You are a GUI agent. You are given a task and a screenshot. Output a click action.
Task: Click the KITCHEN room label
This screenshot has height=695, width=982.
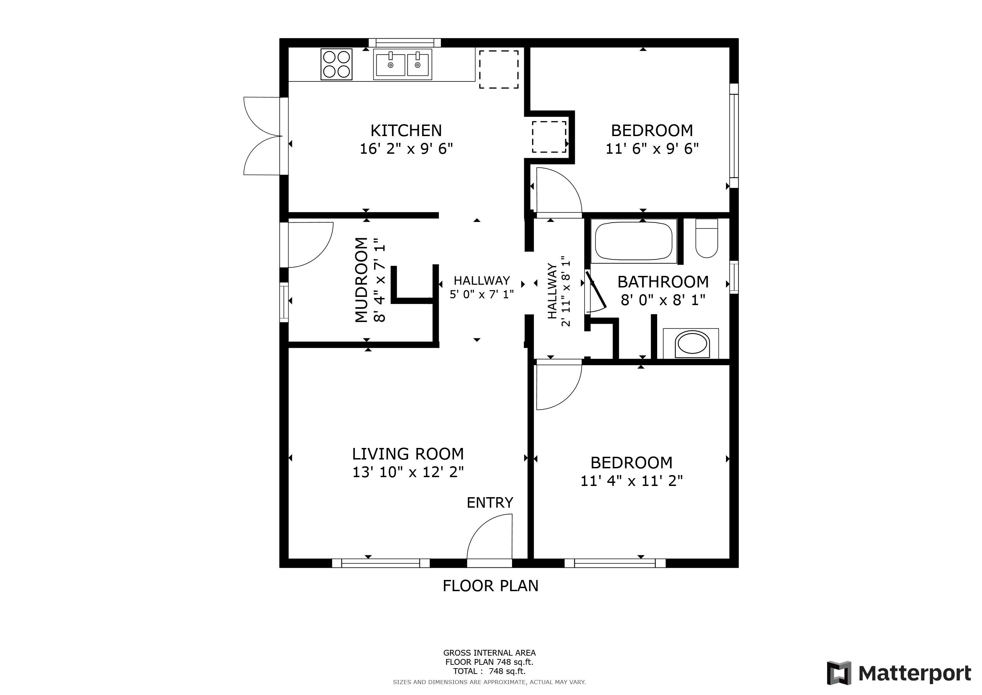(406, 130)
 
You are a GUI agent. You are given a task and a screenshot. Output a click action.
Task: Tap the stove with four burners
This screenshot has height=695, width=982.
(337, 64)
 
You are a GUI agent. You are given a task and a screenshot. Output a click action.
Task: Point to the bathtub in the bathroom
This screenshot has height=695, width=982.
(634, 241)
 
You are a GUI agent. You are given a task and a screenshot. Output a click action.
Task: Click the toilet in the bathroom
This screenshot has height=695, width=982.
(707, 238)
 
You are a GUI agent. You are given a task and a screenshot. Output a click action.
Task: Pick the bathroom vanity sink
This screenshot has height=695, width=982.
(691, 343)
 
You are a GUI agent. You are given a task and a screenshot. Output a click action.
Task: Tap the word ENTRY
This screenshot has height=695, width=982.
(490, 503)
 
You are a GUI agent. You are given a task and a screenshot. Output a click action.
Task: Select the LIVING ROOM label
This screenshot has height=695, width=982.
(408, 454)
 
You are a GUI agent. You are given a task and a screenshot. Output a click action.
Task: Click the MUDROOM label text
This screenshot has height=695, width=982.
(361, 280)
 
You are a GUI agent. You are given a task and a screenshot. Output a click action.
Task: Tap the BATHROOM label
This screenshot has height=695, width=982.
(663, 282)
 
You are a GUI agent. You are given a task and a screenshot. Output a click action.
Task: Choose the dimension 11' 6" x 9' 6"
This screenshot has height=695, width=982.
(652, 149)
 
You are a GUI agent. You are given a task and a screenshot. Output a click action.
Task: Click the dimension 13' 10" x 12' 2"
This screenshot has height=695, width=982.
(408, 472)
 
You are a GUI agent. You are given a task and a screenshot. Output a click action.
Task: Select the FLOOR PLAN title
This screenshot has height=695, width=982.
(491, 586)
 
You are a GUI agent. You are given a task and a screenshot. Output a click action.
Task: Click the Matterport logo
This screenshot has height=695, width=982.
(899, 673)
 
